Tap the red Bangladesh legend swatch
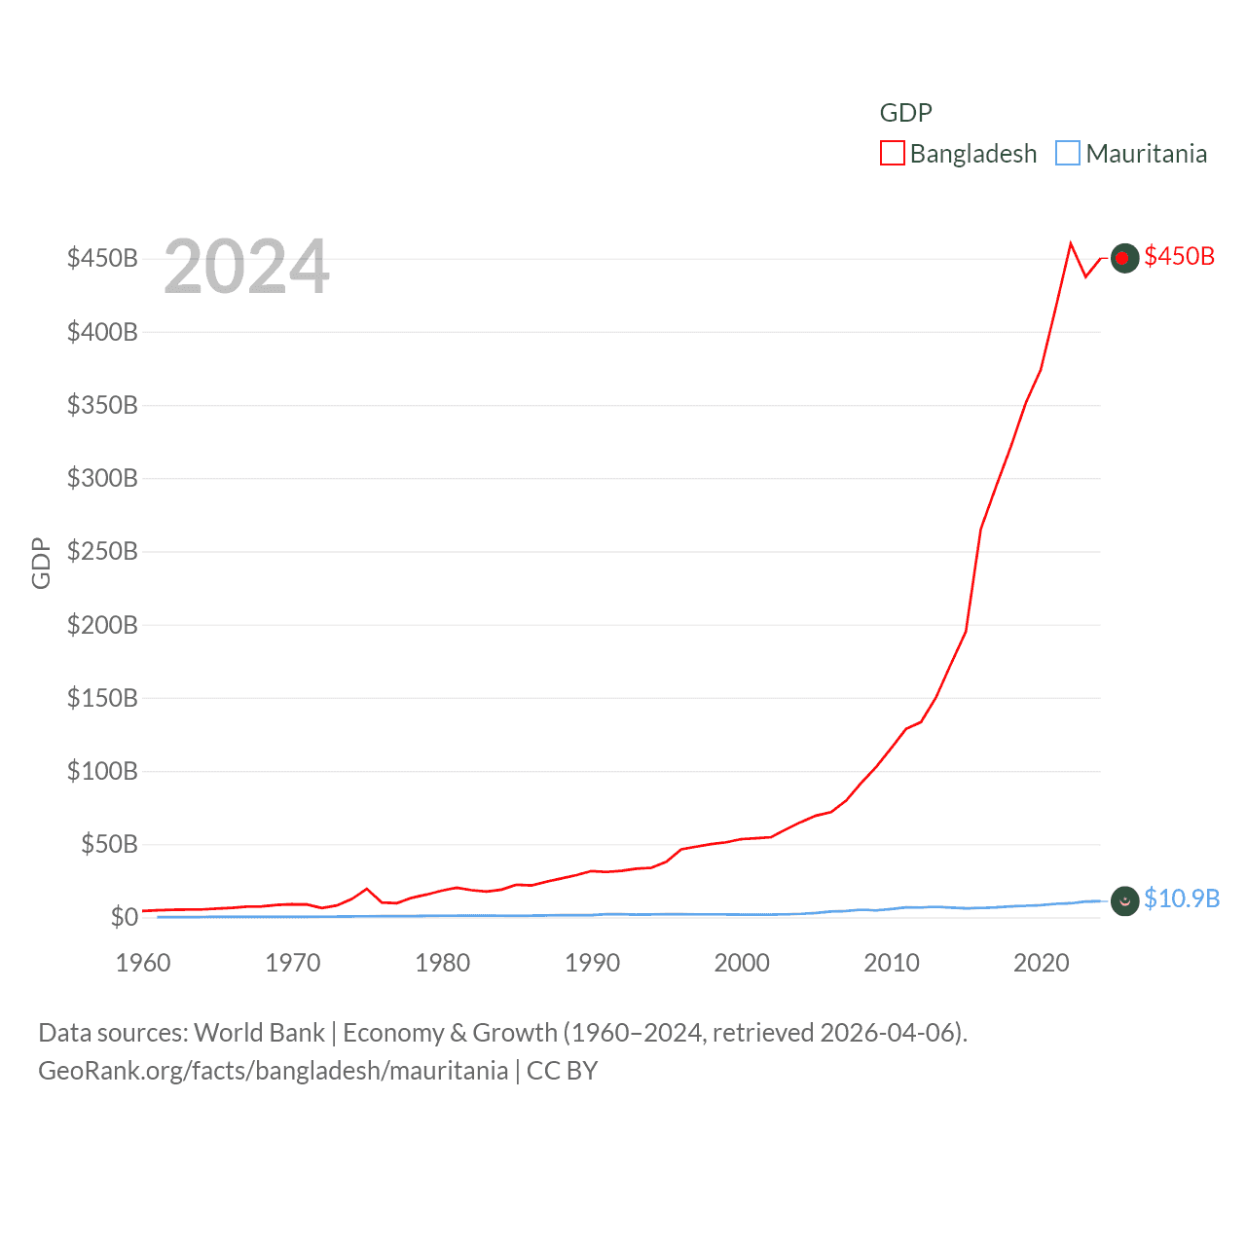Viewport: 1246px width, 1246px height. point(892,154)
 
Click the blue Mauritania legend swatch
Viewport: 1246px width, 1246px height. point(1068,154)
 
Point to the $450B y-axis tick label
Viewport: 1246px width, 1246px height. point(102,258)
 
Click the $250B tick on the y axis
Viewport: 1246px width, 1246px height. point(102,551)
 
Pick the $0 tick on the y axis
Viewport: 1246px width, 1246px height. point(124,917)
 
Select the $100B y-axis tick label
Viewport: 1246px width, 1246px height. point(102,771)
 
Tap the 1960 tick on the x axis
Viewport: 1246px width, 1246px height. point(143,963)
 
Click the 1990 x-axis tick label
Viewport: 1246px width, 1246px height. point(592,963)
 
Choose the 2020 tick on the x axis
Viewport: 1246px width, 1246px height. point(1041,963)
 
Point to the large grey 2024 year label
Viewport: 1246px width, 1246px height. point(246,267)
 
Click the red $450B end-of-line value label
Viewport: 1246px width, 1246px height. point(1179,256)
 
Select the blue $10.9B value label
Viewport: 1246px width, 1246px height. point(1181,898)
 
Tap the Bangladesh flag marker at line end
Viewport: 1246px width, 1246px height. point(1124,258)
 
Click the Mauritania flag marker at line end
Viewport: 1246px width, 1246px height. point(1124,901)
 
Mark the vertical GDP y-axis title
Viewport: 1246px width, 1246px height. point(41,563)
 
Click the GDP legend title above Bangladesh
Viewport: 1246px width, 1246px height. point(905,113)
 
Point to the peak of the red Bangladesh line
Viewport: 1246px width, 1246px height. point(1071,243)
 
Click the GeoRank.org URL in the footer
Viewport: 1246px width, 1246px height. point(273,1071)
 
